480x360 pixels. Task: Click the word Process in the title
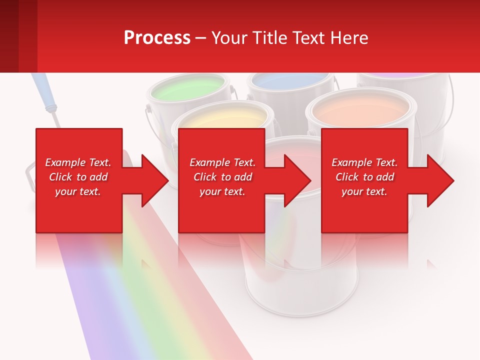point(157,38)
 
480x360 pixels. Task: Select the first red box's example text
point(78,177)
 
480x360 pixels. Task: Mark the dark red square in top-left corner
point(18,36)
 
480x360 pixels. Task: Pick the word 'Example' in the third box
point(352,162)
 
